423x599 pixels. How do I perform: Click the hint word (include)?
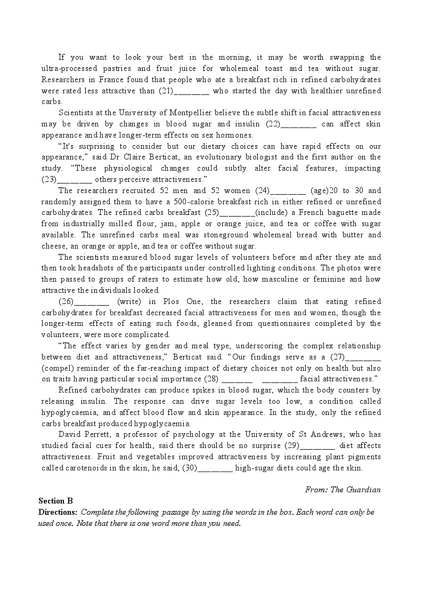coord(273,213)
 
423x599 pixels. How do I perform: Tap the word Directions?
coord(58,512)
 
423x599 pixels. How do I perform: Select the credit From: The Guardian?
coord(343,490)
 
